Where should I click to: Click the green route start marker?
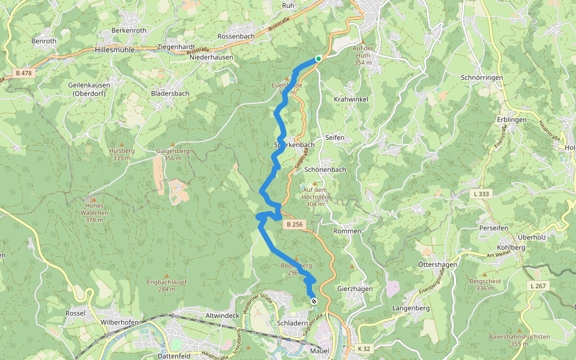coord(318,59)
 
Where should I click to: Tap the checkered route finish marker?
coord(314,301)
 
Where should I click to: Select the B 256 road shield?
coord(295,224)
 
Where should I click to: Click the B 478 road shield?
coord(22,73)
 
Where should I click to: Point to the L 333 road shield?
coord(481,194)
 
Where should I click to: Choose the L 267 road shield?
coord(538,286)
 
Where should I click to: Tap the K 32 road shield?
coord(364,349)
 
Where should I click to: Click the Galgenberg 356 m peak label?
coord(173,154)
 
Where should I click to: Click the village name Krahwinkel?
coord(350,98)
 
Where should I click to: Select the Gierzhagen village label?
coord(355,289)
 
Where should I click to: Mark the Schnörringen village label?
coord(480,78)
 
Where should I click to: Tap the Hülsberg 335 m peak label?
coord(121,154)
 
